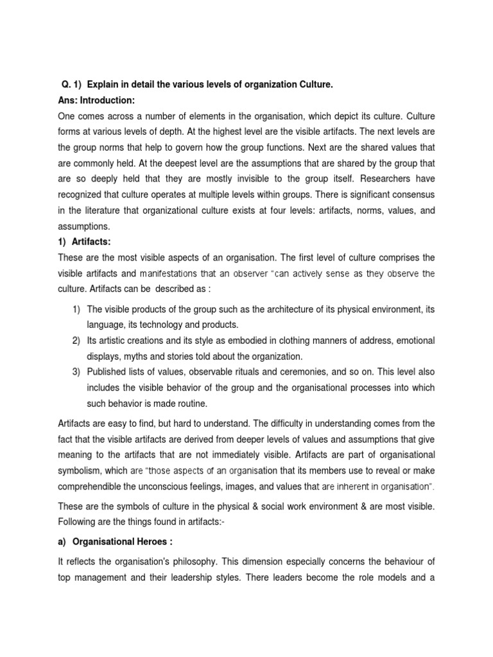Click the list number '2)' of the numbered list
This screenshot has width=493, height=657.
click(76, 340)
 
